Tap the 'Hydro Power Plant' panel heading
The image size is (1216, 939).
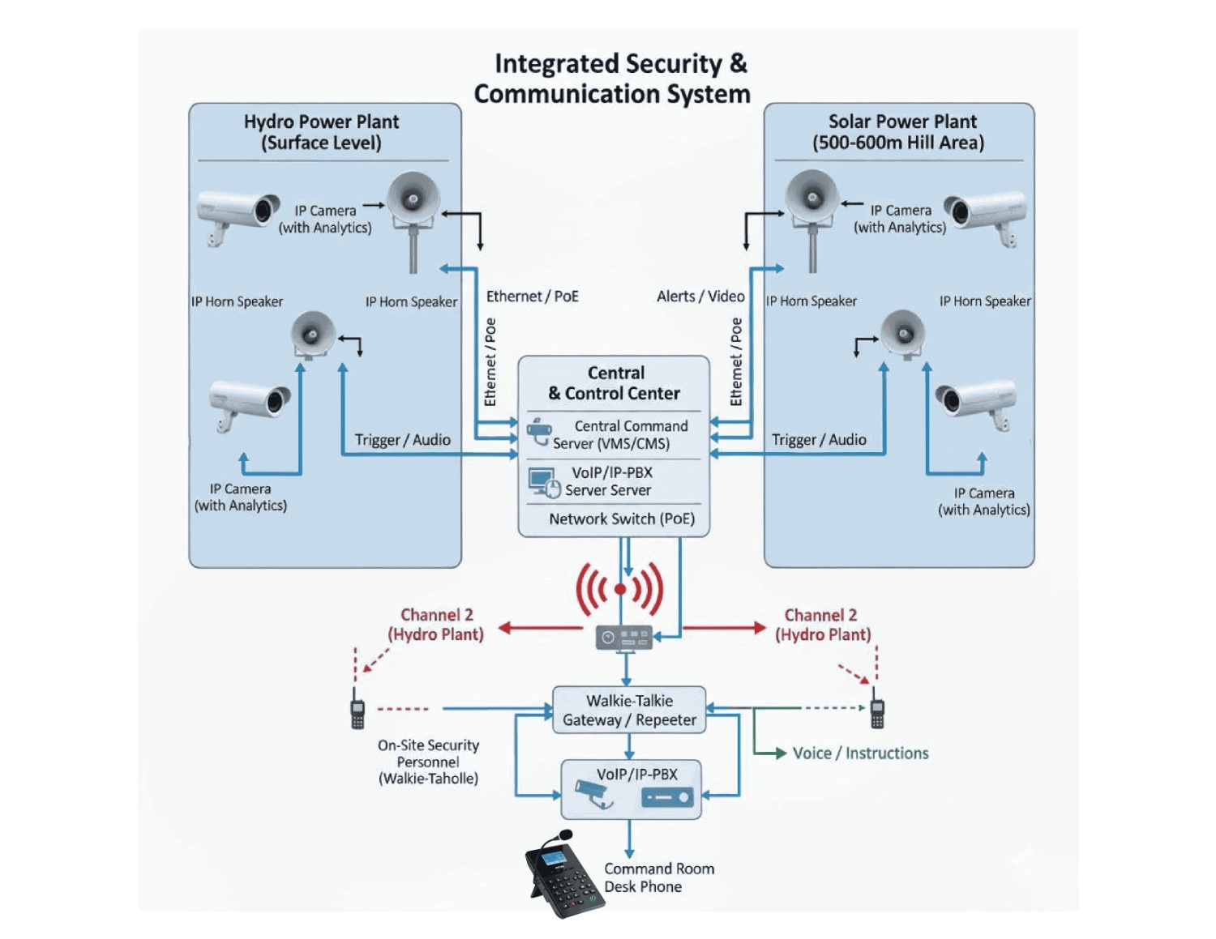[x=321, y=131]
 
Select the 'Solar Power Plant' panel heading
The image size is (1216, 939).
[x=899, y=131]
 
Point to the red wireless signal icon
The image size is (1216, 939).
[x=620, y=589]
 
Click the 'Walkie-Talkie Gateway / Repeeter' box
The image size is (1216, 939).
[x=629, y=711]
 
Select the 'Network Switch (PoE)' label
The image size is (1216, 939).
[x=621, y=519]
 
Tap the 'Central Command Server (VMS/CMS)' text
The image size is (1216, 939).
[x=621, y=435]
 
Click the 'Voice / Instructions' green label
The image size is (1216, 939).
[x=859, y=753]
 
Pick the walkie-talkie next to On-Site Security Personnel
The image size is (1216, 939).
[x=358, y=710]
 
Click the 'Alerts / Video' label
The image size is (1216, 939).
[x=700, y=297]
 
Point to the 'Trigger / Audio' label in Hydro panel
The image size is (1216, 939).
[x=402, y=440]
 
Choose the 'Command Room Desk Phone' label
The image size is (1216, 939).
[x=658, y=877]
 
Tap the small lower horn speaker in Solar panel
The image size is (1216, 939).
[x=903, y=333]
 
